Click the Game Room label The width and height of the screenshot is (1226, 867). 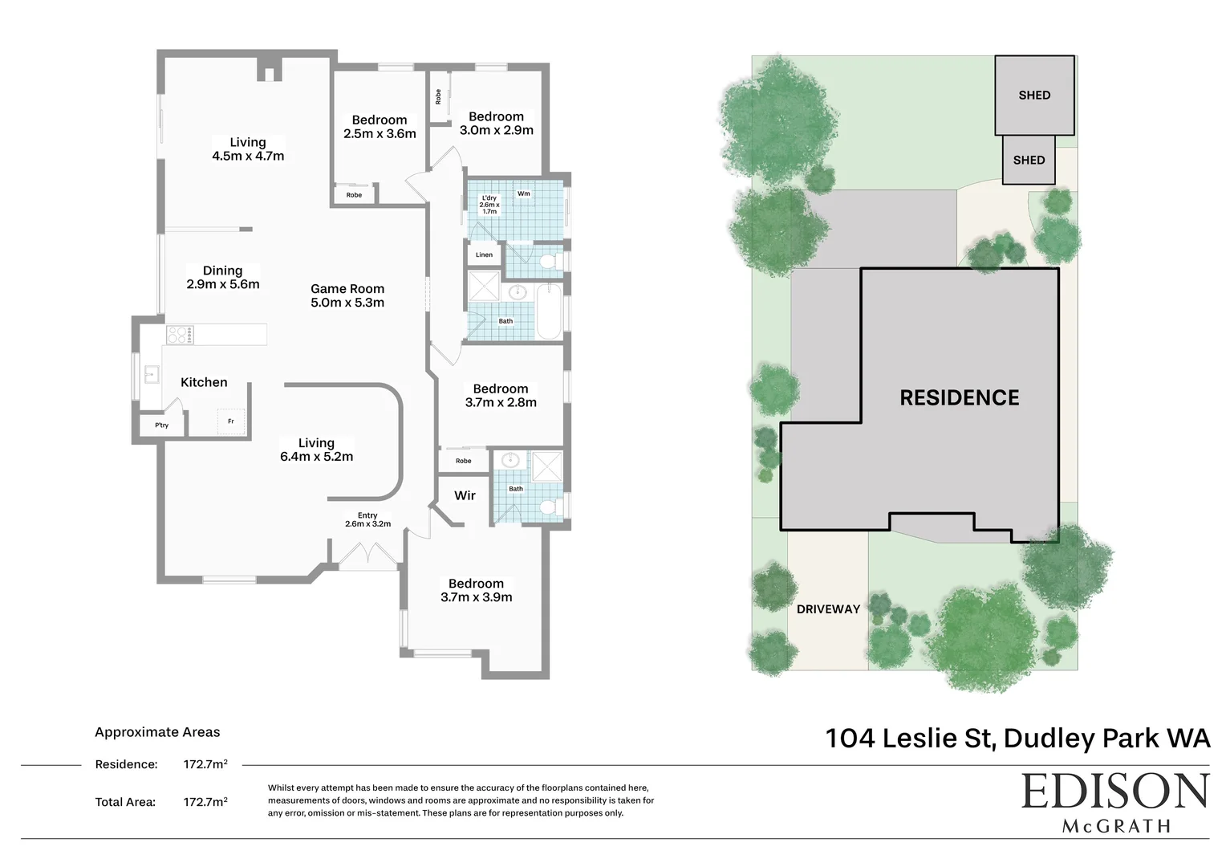[347, 295]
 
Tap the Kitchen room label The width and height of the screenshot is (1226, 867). [204, 382]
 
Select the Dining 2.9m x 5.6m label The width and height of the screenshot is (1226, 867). [222, 277]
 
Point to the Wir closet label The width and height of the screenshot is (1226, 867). [465, 495]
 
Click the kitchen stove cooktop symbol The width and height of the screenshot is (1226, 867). [180, 334]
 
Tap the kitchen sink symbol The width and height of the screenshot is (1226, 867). [150, 375]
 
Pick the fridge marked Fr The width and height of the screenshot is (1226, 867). [231, 421]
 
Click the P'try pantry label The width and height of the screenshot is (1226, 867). [162, 425]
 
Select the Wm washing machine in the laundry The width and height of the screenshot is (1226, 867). [524, 194]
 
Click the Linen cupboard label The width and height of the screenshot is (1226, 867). [484, 255]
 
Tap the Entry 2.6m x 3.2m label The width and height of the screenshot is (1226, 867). [367, 519]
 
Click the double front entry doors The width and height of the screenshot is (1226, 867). [367, 556]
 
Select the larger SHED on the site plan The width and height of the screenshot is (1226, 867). [1034, 95]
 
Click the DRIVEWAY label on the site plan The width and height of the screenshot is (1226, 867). [828, 609]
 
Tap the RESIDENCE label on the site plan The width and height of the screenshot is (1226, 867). [959, 397]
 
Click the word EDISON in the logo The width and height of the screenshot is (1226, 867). [1114, 792]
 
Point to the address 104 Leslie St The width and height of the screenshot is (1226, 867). [910, 738]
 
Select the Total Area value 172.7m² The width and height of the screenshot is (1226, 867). [205, 801]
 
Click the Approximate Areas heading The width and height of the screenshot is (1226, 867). [157, 732]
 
